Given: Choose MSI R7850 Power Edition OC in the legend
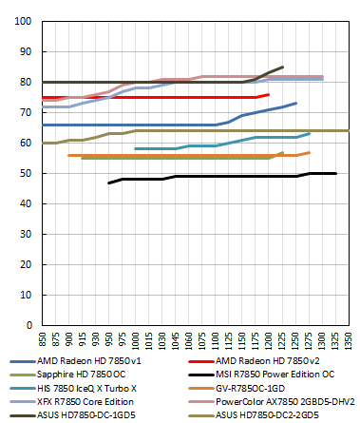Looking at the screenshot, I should tap(268, 375).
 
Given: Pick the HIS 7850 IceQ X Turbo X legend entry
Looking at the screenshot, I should tap(86, 389).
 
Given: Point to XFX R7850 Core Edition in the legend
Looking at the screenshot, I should tap(87, 402).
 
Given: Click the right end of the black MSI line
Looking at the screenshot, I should tap(335, 173).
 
